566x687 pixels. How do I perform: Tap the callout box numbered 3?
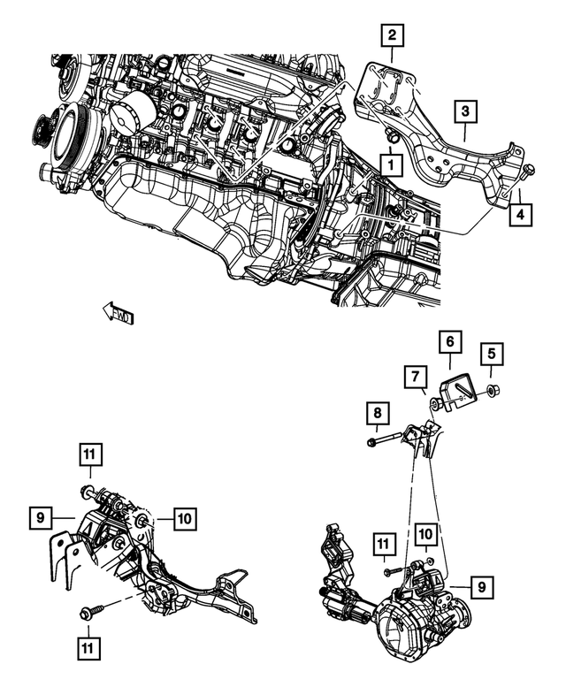click(467, 112)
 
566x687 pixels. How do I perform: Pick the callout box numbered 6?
click(449, 341)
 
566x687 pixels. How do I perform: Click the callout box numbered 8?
click(378, 413)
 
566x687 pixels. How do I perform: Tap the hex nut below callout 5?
click(493, 389)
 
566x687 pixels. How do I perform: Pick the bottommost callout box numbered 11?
click(88, 648)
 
